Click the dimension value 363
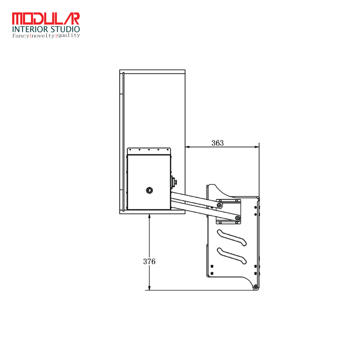217,143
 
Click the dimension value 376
149,261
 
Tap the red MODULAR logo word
46,19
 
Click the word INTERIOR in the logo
30,29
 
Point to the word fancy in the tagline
21,36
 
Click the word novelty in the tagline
43,36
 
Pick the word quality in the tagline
68,35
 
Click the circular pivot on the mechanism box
149,190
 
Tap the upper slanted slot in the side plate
232,237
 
